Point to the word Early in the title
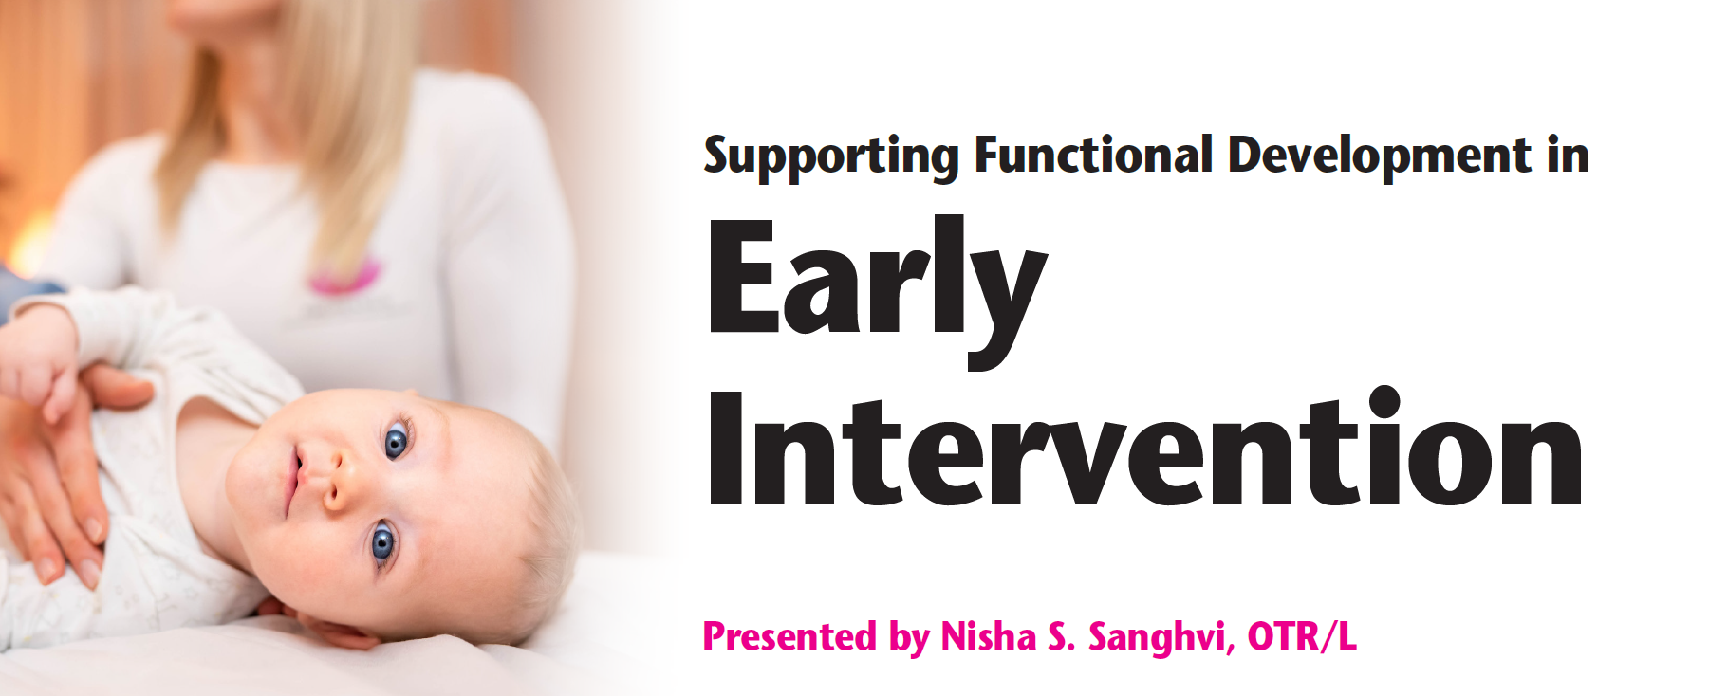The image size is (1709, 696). point(878,284)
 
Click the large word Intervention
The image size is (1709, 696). point(1145,446)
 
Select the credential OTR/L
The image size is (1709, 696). point(1302,636)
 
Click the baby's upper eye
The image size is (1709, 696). point(396,441)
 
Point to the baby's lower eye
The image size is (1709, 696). point(382,543)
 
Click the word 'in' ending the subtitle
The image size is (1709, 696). point(1569,155)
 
